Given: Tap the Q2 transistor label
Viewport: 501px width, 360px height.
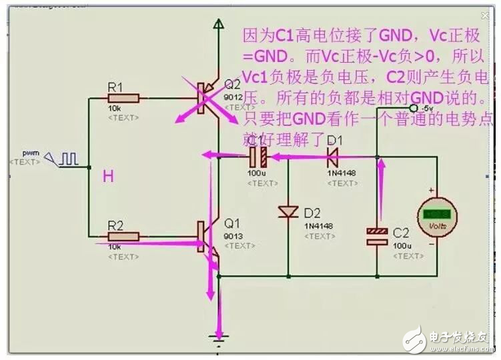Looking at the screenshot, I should [232, 85].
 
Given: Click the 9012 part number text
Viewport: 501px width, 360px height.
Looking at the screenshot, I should [231, 96].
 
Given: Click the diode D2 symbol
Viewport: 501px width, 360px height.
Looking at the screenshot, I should [288, 212].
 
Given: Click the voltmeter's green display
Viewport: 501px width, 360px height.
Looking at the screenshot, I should [438, 215].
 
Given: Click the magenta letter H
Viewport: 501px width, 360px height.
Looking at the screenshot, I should [107, 176].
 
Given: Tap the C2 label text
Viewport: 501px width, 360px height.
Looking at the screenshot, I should [401, 233].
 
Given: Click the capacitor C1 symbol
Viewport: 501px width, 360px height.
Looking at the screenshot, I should [258, 157].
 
